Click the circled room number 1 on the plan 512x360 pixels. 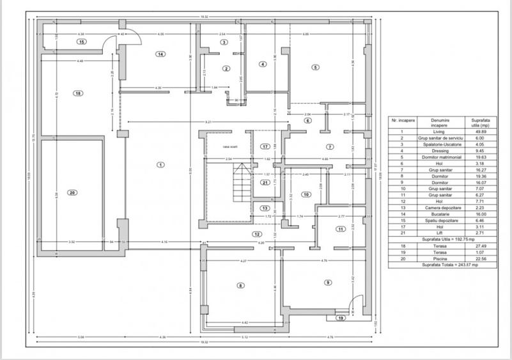pyautogui.click(x=160, y=164)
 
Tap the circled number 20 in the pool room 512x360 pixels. pyautogui.click(x=72, y=192)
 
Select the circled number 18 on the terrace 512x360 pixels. pyautogui.click(x=78, y=93)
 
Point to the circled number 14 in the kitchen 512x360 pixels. pyautogui.click(x=160, y=54)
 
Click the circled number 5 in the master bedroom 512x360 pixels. pyautogui.click(x=315, y=67)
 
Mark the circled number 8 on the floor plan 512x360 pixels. pyautogui.click(x=240, y=285)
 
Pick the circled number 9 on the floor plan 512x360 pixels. pyautogui.click(x=328, y=282)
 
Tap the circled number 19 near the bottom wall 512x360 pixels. pyautogui.click(x=341, y=317)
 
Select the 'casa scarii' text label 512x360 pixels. pyautogui.click(x=229, y=148)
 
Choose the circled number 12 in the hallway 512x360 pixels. pyautogui.click(x=256, y=234)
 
